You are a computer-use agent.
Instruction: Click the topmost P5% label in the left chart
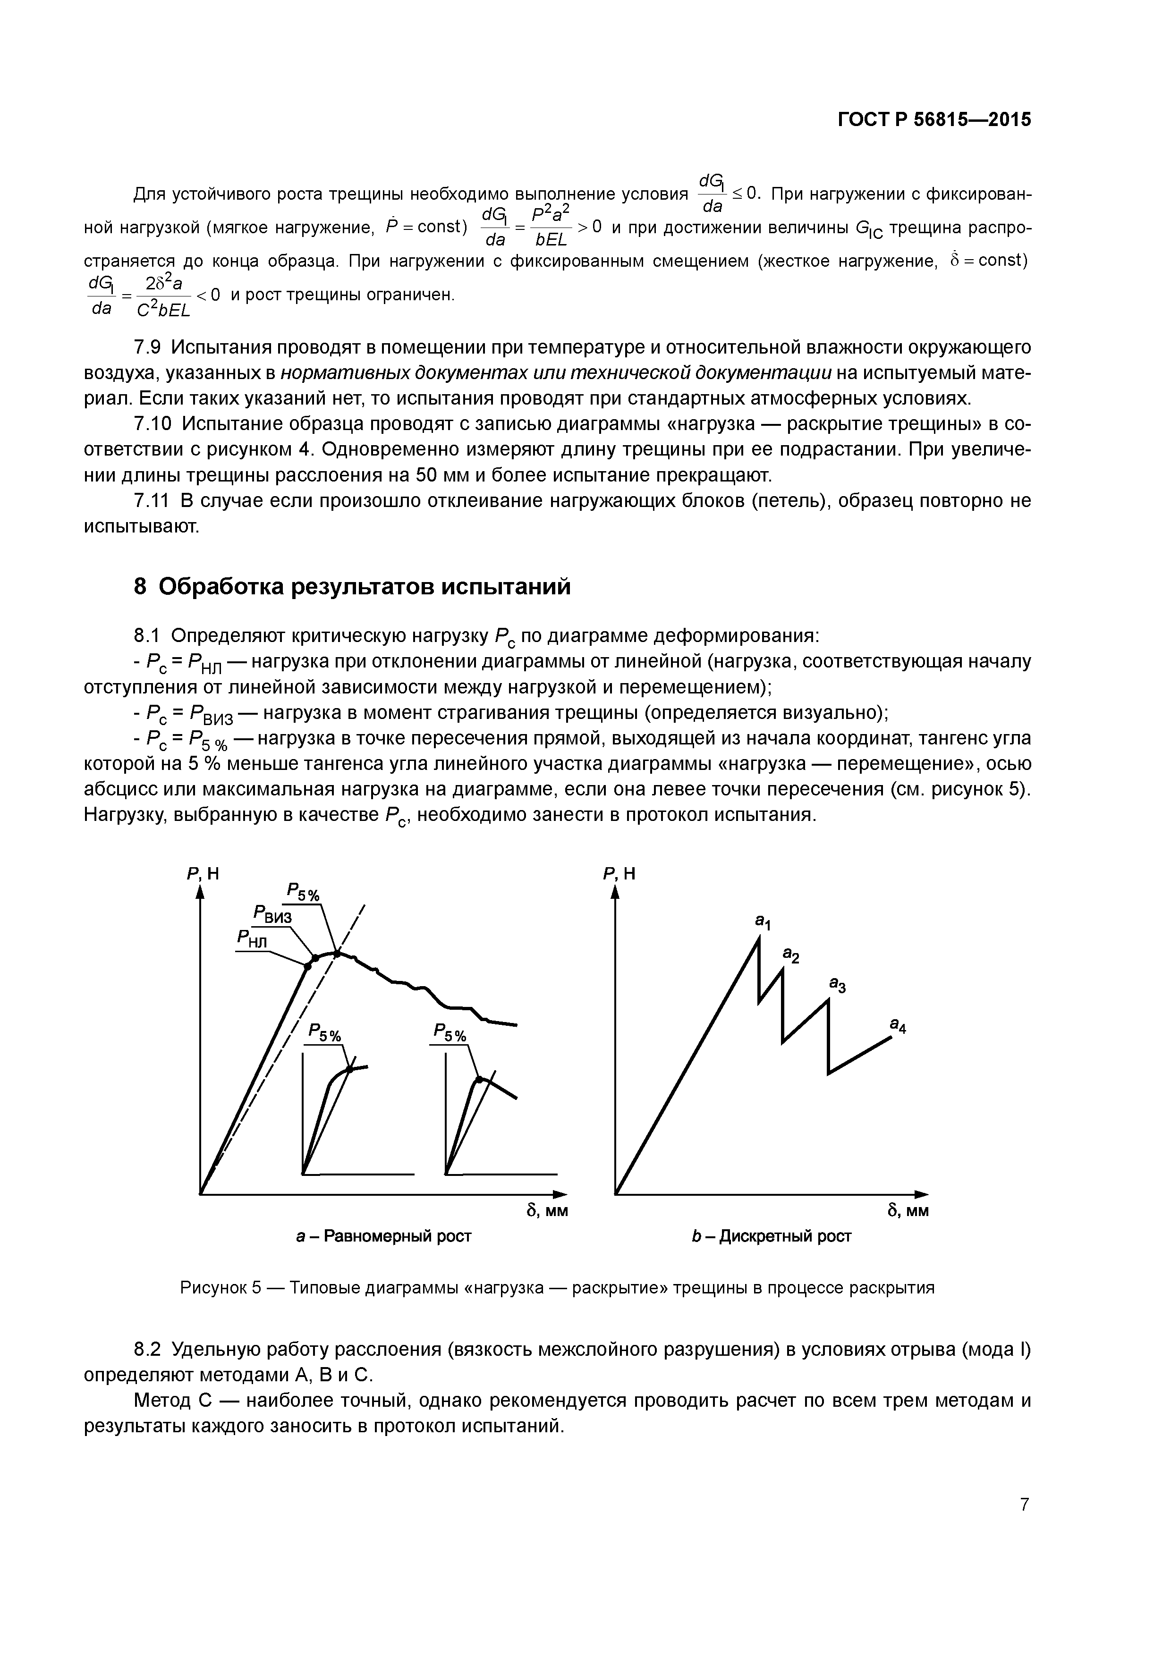303,892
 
